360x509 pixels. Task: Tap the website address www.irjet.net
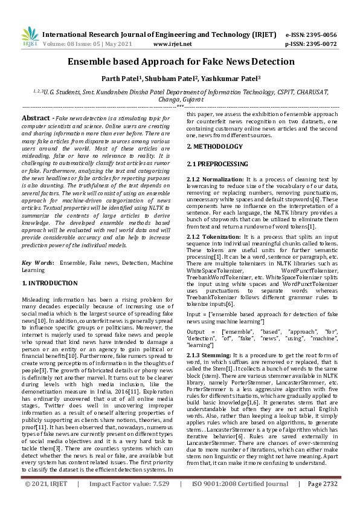(173, 44)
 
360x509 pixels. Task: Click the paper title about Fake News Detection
(181, 62)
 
